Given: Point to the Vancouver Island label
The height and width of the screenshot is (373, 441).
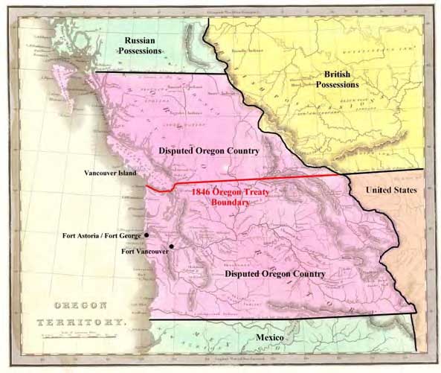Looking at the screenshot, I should tap(111, 171).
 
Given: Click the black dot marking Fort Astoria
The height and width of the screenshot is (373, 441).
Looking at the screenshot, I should tap(147, 235).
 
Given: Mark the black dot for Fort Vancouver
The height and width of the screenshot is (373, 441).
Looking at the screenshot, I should tap(172, 246).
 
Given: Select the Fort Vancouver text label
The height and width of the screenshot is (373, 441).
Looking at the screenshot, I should tap(145, 251).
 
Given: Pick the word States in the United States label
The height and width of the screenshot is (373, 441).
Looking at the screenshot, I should tap(405, 191).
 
